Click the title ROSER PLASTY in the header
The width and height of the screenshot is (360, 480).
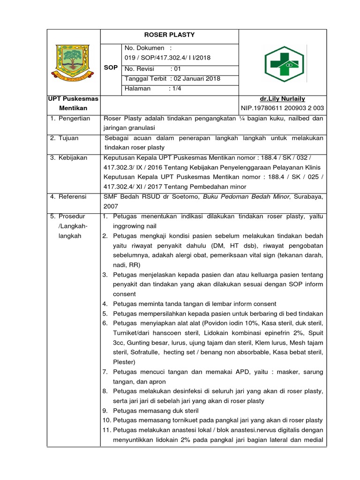(x=170, y=35)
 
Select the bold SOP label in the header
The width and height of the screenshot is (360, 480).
(x=111, y=68)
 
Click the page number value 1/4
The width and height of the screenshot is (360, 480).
(x=174, y=88)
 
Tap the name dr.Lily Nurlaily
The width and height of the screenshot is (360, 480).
(x=283, y=99)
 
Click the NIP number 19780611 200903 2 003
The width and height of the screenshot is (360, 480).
(x=289, y=108)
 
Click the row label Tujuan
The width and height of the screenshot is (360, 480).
(x=69, y=138)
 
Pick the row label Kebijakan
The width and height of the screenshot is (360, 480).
(x=73, y=158)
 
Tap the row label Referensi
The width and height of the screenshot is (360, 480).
(x=73, y=197)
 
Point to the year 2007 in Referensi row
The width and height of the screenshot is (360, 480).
(x=111, y=206)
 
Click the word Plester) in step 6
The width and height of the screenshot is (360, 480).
(x=124, y=362)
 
